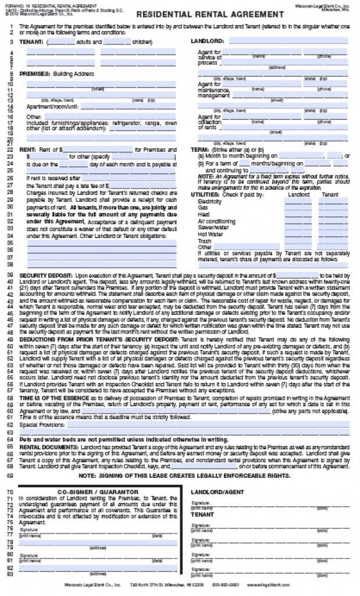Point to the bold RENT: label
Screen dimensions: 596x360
coord(28,150)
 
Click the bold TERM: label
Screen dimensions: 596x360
coord(201,150)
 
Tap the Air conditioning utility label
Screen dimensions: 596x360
coord(216,221)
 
